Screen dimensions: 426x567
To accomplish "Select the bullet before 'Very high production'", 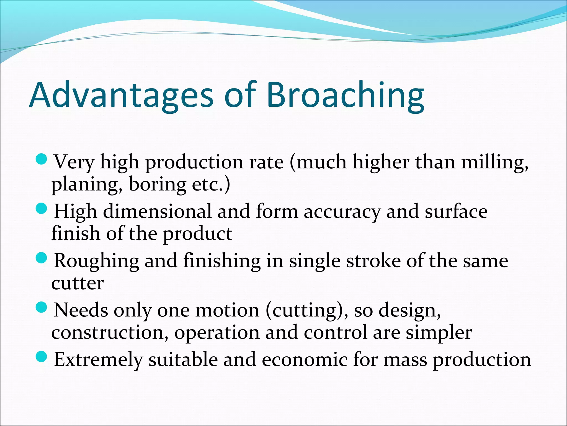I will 42,159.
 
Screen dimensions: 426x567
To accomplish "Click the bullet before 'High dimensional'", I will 42,209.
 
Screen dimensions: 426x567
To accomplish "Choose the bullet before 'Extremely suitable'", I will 42,357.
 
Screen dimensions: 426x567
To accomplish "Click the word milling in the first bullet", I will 494,162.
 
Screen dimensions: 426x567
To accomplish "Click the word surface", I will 456,211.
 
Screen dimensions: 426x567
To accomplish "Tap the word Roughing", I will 96,261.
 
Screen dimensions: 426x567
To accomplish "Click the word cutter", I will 78,283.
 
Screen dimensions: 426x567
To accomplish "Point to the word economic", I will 304,359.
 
